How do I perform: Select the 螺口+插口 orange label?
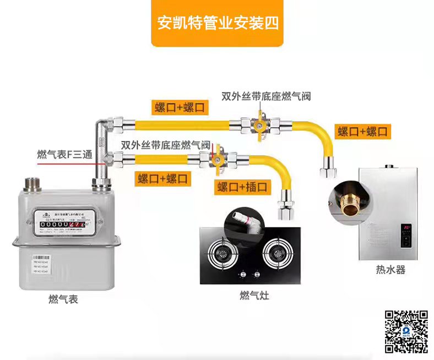pyautogui.click(x=242, y=187)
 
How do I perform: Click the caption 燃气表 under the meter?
pyautogui.click(x=63, y=299)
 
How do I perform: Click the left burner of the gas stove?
pyautogui.click(x=223, y=255)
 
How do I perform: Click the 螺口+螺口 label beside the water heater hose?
pyautogui.click(x=363, y=132)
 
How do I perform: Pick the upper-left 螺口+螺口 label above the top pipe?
pyautogui.click(x=180, y=107)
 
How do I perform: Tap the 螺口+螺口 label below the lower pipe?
pyautogui.click(x=163, y=178)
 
